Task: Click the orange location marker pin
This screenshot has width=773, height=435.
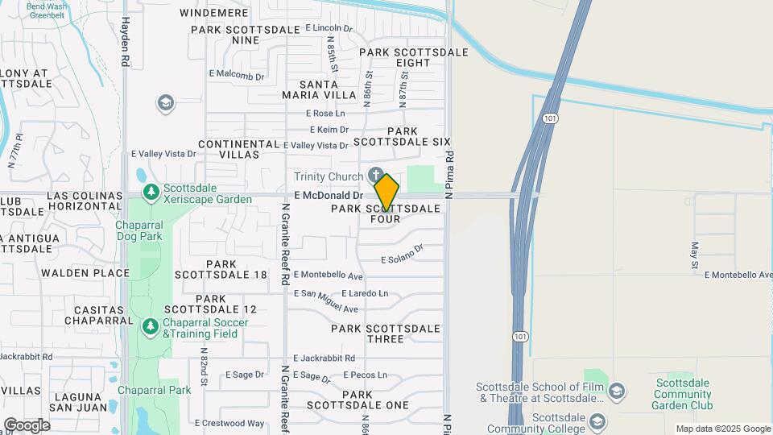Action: click(386, 193)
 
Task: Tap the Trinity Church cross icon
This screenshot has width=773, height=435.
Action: click(375, 175)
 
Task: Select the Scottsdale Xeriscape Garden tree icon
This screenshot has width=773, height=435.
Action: click(151, 192)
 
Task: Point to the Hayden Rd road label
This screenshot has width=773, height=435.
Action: click(125, 42)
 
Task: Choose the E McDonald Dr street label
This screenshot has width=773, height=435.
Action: click(329, 195)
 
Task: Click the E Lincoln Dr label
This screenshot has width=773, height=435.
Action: click(329, 28)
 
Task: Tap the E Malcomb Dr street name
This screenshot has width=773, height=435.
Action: click(236, 77)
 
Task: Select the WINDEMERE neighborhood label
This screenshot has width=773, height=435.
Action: click(213, 13)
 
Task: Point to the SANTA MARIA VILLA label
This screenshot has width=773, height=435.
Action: click(327, 89)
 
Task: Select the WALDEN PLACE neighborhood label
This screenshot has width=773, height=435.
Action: click(85, 273)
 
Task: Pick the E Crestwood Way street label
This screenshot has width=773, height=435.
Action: click(229, 423)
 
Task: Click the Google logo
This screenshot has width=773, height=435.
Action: click(26, 425)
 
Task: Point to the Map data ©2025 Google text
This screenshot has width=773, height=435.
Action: click(722, 429)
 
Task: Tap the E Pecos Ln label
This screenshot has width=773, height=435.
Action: click(365, 375)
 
